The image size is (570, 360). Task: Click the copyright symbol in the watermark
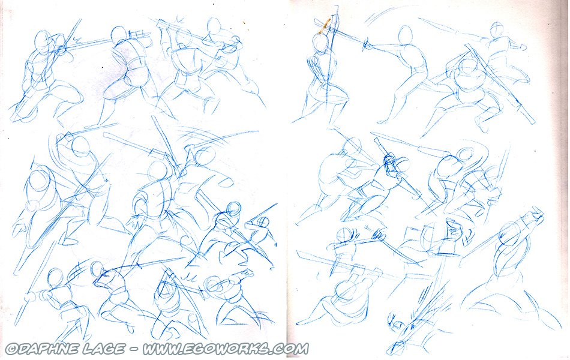(11, 349)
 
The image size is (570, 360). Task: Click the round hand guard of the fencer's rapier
(368, 45)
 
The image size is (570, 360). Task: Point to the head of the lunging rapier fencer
(406, 35)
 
